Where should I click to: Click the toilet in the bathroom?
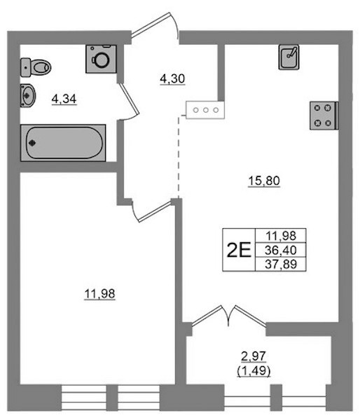[x=36, y=67]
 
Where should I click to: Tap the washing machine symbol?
[x=102, y=59]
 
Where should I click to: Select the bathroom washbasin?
[x=27, y=95]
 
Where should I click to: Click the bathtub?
[x=63, y=143]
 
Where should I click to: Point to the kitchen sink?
[x=289, y=57]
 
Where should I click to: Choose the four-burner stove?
[x=324, y=115]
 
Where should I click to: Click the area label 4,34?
[x=64, y=99]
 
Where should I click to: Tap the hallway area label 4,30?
[x=172, y=79]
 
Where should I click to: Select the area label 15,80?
[x=264, y=181]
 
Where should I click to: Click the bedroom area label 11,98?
[x=99, y=294]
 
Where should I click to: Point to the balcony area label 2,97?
[x=254, y=356]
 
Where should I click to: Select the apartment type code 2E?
[x=239, y=250]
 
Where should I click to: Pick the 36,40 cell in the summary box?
[x=281, y=250]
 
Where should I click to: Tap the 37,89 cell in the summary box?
[x=281, y=265]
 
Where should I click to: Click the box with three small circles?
[x=206, y=110]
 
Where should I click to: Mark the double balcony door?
[x=228, y=316]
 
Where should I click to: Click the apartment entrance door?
[x=155, y=25]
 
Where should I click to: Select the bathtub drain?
[x=32, y=143]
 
